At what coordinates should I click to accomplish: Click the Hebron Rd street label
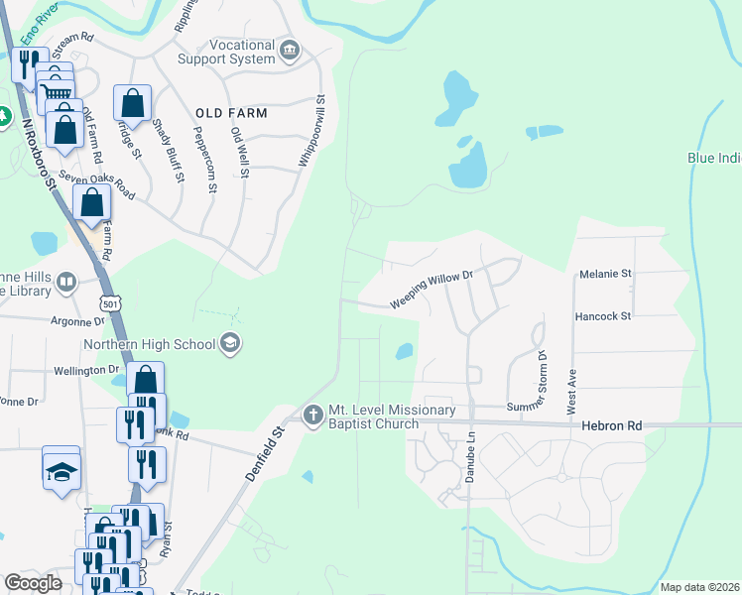click(x=613, y=425)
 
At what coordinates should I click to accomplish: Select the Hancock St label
click(x=603, y=316)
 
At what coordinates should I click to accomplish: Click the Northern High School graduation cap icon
click(x=230, y=344)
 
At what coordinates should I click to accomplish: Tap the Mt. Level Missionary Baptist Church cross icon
click(x=312, y=415)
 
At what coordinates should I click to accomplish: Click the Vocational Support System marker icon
click(x=290, y=51)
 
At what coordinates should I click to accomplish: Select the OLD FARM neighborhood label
click(x=231, y=113)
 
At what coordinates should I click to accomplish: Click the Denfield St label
click(x=265, y=455)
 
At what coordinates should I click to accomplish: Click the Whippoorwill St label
click(x=311, y=130)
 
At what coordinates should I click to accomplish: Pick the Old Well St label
click(x=239, y=152)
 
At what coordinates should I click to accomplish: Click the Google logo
click(x=33, y=583)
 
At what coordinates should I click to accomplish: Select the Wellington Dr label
click(x=85, y=370)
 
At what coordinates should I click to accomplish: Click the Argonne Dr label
click(x=77, y=321)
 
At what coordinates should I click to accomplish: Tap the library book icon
click(x=66, y=283)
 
